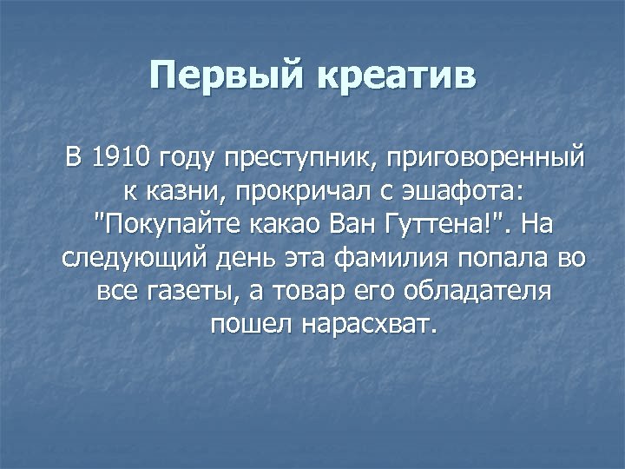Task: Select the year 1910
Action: pos(122,159)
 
